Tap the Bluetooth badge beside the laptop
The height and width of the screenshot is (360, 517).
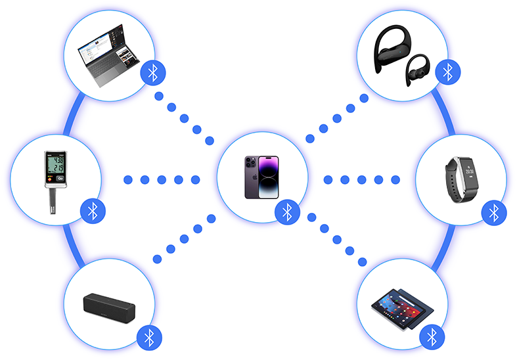[x=153, y=72]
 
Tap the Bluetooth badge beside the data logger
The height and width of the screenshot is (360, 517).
[x=93, y=210]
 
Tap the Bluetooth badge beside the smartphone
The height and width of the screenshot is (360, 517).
[x=286, y=211]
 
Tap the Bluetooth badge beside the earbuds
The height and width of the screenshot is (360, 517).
[x=447, y=70]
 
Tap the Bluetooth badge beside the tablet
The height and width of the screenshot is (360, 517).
[x=432, y=337]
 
